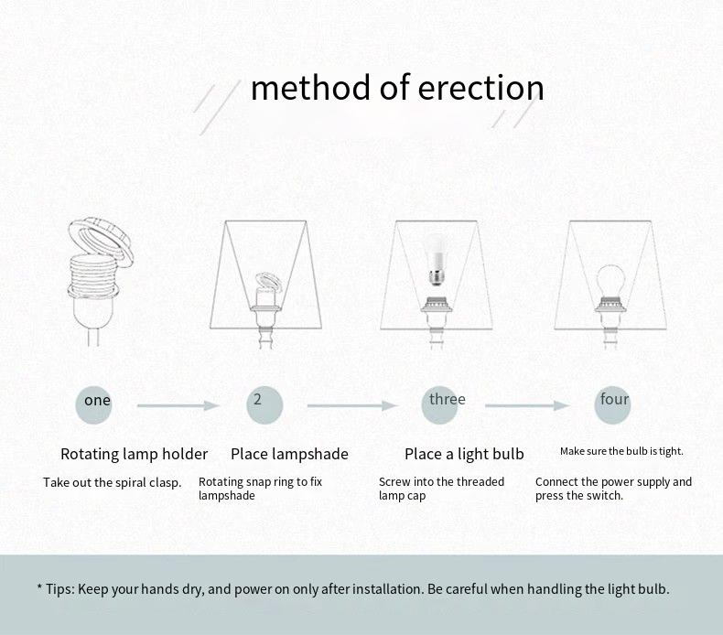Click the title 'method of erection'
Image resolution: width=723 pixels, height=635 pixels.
point(397,88)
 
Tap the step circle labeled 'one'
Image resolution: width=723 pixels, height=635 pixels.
point(93,405)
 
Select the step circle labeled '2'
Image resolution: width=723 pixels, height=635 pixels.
point(264,405)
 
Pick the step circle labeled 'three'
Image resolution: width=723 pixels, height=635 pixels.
point(439,405)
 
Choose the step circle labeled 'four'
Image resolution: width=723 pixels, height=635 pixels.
point(612,405)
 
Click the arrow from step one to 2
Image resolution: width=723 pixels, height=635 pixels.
point(178,406)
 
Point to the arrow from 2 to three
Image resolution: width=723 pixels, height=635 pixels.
point(352,406)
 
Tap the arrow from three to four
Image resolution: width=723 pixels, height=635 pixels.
point(527,406)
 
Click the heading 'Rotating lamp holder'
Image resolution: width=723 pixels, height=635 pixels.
point(135,454)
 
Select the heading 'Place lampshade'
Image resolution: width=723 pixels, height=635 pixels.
point(289,454)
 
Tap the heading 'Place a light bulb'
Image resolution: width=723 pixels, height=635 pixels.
point(464,454)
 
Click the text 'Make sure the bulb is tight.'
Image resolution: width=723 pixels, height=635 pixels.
point(621,451)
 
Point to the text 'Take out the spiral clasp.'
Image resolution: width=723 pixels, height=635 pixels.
point(112,483)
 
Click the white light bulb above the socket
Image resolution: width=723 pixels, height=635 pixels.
point(436,258)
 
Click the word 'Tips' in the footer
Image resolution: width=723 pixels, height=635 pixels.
point(59,589)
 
